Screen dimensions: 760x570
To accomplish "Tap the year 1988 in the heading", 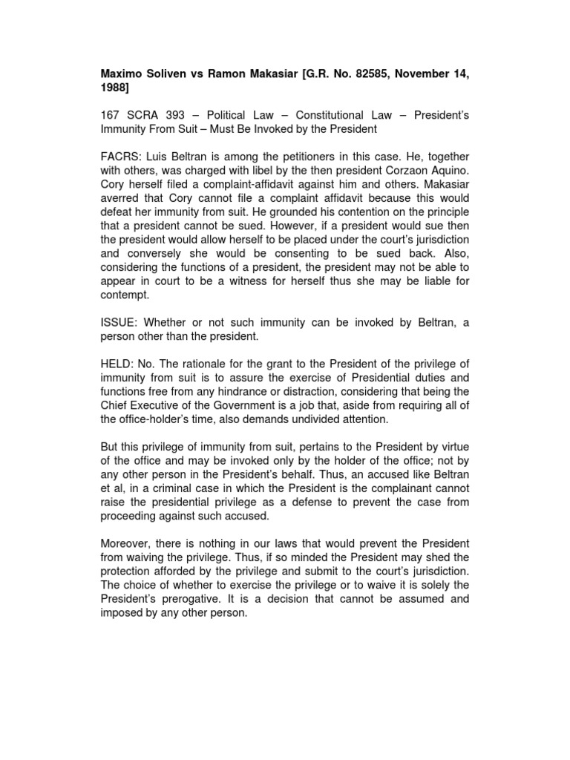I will (115, 88).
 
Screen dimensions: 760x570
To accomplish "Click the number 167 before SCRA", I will (111, 116).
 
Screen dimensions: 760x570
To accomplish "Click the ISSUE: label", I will (119, 321).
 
